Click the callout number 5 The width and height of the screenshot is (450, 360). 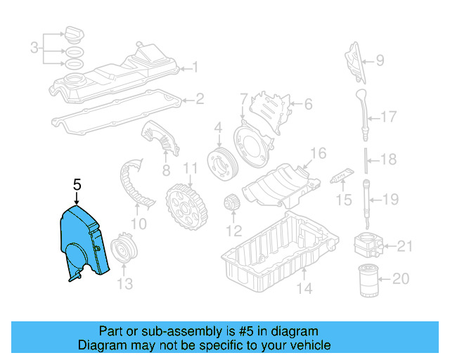click(x=77, y=185)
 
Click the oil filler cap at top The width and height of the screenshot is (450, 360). click(x=73, y=34)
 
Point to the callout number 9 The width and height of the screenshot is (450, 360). click(x=380, y=60)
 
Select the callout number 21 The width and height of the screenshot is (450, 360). click(x=404, y=247)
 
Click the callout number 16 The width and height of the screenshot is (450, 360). click(x=319, y=154)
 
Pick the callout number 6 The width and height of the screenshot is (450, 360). click(x=307, y=104)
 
